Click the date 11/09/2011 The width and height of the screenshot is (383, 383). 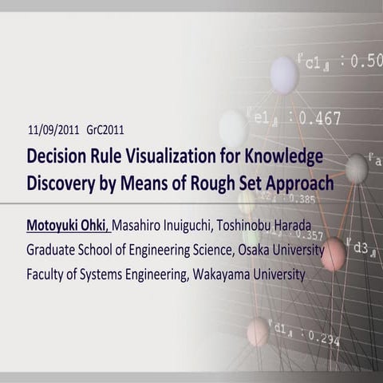[53, 129]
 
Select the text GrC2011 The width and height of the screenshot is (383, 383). [105, 129]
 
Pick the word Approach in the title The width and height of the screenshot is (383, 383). [298, 182]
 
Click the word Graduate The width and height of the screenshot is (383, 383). [56, 249]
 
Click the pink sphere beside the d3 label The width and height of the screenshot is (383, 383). [333, 254]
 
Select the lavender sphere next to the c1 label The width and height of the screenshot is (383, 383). [284, 74]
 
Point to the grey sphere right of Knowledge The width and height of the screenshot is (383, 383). [356, 168]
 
